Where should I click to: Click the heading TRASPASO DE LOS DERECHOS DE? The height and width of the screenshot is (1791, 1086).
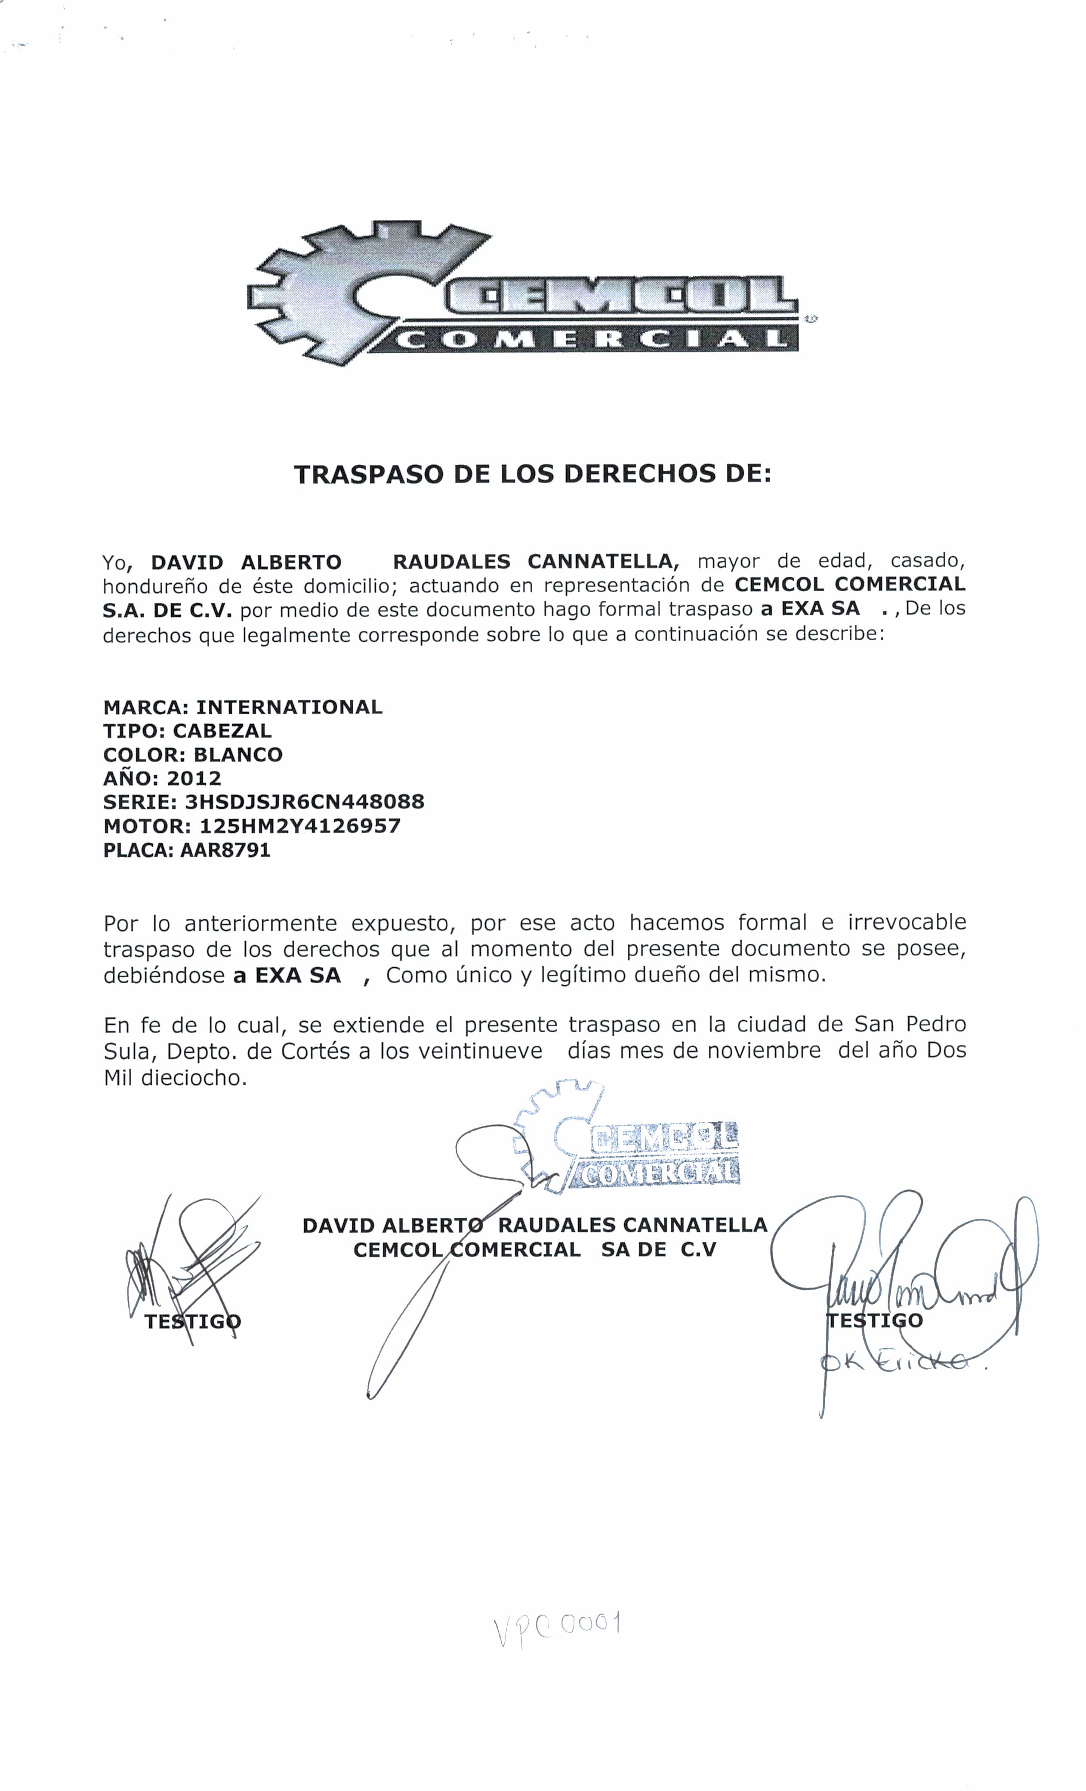pos(532,475)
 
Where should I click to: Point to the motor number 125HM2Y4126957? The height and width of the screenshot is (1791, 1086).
pos(299,826)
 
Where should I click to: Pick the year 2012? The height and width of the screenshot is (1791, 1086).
pos(193,778)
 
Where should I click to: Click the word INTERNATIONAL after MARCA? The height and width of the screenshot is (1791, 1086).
pos(289,707)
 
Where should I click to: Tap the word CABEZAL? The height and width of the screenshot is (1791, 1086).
pos(222,731)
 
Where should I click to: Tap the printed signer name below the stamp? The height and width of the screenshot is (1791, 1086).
pos(534,1225)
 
